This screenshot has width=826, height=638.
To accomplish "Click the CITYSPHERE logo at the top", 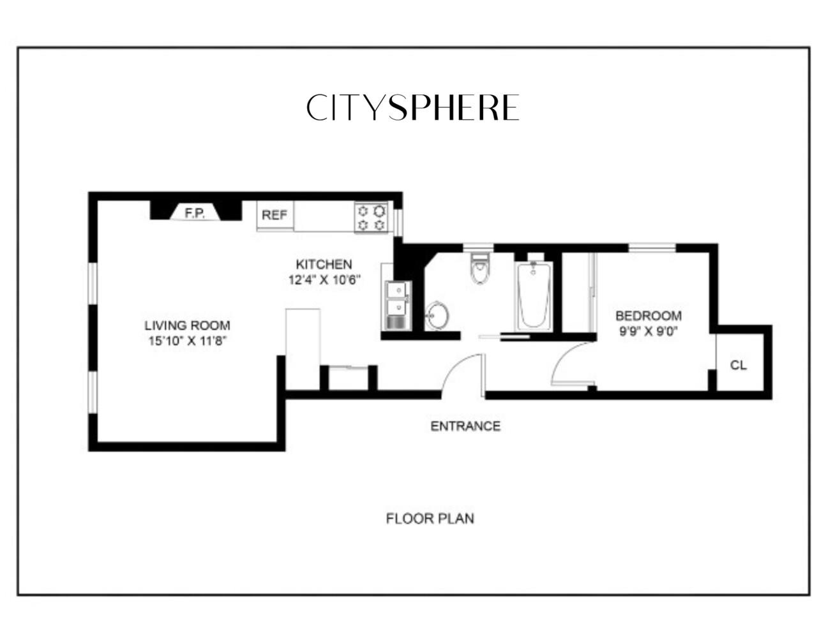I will click(412, 108).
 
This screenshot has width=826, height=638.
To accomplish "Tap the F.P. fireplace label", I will click(195, 213).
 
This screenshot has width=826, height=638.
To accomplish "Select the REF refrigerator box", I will click(274, 216).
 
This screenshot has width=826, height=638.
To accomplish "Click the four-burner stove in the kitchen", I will click(372, 218).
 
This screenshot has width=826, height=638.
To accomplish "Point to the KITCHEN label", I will click(324, 264).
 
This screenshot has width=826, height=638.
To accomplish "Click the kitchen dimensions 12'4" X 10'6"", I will click(324, 279).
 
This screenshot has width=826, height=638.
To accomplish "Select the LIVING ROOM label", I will click(187, 325).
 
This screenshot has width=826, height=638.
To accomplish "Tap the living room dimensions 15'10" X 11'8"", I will click(188, 341).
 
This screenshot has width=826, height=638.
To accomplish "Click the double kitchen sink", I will click(397, 305).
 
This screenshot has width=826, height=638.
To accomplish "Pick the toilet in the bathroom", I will click(479, 269).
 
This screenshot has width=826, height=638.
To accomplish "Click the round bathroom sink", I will click(437, 316).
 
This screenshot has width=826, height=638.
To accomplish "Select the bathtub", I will click(534, 295).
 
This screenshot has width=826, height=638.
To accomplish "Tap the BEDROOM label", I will click(648, 316).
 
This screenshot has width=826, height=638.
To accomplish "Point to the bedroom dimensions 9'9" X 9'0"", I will click(647, 331).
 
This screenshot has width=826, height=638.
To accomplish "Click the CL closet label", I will click(738, 366).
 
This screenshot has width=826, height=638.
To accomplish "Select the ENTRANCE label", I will click(465, 426).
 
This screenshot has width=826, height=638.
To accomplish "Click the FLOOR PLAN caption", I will click(430, 519).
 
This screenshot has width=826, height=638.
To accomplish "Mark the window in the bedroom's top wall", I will click(652, 248).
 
